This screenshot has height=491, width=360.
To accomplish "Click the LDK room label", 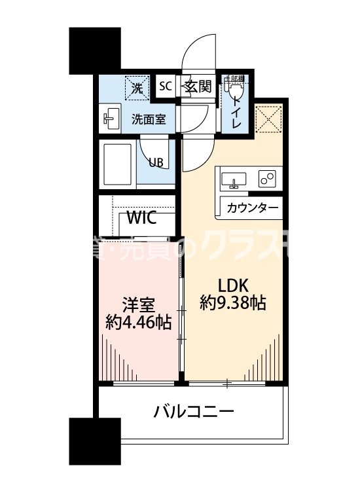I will (233, 286).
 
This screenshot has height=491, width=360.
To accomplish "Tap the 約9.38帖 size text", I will (233, 304).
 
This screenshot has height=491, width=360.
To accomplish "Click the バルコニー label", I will (194, 412).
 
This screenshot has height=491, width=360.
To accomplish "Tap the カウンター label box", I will (252, 209).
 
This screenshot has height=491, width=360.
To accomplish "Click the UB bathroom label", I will (155, 163).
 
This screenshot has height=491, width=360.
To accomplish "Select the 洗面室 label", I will (149, 119).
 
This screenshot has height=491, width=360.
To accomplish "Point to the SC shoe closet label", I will (166, 86).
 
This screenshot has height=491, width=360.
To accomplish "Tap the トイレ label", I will (235, 111).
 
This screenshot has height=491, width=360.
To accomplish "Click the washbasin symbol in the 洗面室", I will (111, 118).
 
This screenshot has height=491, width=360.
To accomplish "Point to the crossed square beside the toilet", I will (268, 118).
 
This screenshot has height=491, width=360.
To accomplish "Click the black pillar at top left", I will (95, 49).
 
